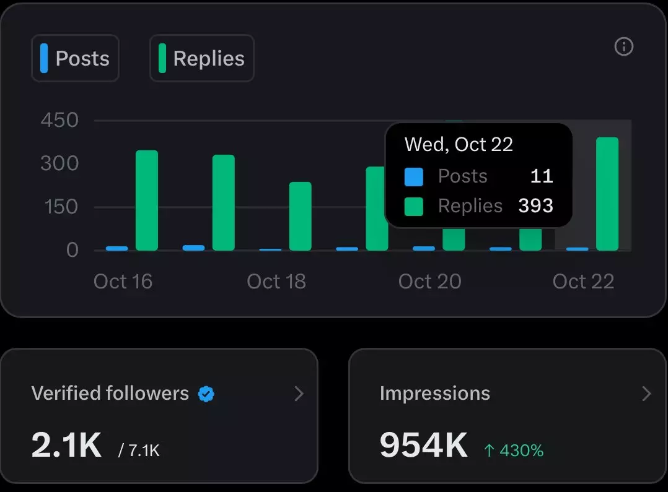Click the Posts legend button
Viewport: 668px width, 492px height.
75,58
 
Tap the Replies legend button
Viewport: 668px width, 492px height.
202,58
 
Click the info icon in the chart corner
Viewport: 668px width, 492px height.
623,46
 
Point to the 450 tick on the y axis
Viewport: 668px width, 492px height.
59,120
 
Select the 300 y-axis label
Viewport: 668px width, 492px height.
59,163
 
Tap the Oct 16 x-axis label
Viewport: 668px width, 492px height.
123,282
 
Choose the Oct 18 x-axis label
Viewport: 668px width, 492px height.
276,282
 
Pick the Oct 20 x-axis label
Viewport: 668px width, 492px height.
430,282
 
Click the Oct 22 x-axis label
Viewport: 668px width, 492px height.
583,282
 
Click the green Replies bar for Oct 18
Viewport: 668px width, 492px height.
301,216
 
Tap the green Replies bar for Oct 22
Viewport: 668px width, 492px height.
607,194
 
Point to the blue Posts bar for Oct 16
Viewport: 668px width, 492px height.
117,248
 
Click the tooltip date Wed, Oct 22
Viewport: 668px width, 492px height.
459,144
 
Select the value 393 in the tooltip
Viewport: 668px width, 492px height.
535,205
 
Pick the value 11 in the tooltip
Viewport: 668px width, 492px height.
542,176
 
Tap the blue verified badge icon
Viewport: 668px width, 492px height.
206,394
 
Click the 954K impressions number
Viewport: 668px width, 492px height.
423,444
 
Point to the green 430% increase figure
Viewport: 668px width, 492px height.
514,451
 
